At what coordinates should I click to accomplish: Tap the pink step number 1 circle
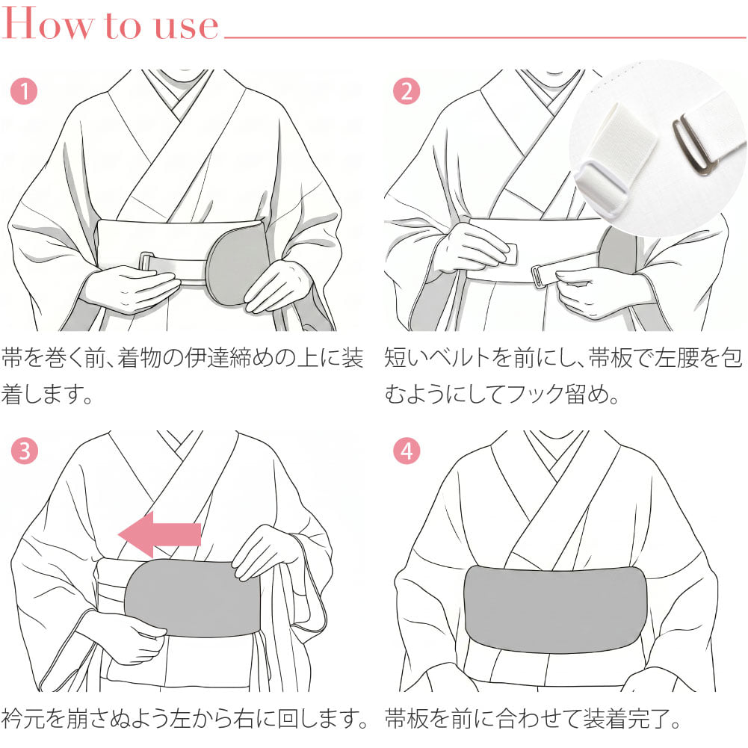[x=24, y=90]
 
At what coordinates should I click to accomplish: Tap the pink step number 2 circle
[x=407, y=90]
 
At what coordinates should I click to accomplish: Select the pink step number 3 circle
[x=24, y=451]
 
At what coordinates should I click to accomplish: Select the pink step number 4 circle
[x=407, y=451]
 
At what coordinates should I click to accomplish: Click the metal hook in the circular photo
[x=690, y=146]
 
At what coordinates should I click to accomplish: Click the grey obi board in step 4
[x=556, y=609]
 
